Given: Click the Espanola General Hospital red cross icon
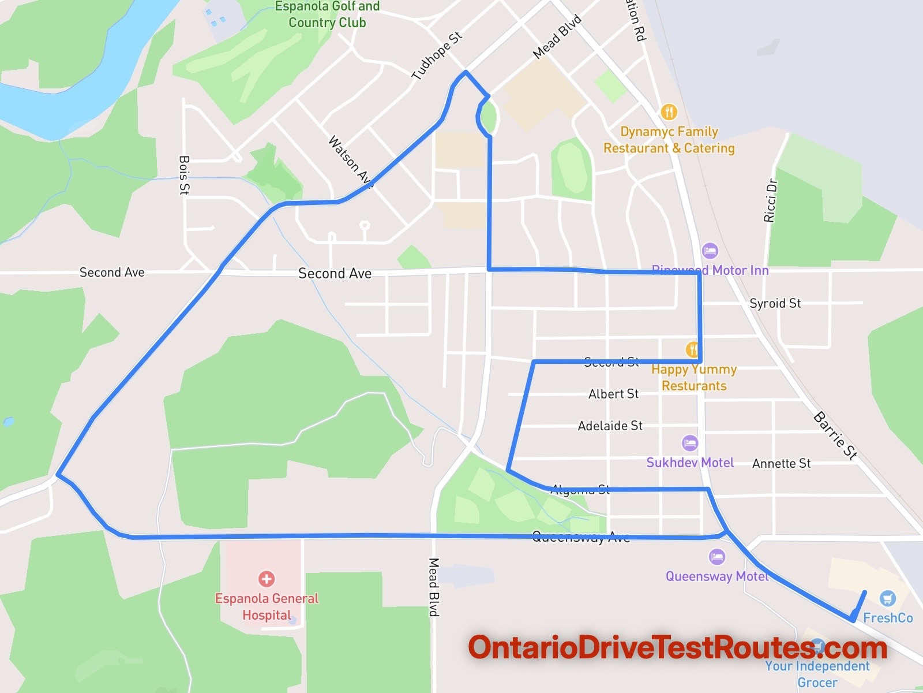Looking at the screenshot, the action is (x=267, y=579).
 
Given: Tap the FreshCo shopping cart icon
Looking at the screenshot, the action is (x=887, y=598).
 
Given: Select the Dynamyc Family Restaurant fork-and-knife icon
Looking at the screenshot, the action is (x=669, y=111).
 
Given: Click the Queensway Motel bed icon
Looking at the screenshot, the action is (x=717, y=557).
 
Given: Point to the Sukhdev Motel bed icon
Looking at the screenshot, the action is (x=690, y=444).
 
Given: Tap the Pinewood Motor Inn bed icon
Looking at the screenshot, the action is (x=710, y=251).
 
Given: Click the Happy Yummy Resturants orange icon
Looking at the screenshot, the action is (x=693, y=349).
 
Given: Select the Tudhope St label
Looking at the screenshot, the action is (x=437, y=55).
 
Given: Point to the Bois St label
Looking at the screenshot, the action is (x=185, y=174).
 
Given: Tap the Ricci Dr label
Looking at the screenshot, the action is (x=771, y=201).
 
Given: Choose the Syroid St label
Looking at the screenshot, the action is (x=775, y=303).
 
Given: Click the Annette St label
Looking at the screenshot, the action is (x=781, y=463).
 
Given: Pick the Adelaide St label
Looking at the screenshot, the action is (x=610, y=426).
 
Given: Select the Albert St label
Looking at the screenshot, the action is (x=613, y=394).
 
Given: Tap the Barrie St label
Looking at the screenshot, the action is (x=835, y=435).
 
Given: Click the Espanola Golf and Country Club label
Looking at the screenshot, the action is (x=327, y=15).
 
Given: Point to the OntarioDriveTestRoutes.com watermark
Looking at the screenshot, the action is (x=677, y=648).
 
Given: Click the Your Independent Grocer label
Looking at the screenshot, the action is (x=817, y=674).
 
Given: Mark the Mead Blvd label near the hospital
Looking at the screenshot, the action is (x=434, y=587).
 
